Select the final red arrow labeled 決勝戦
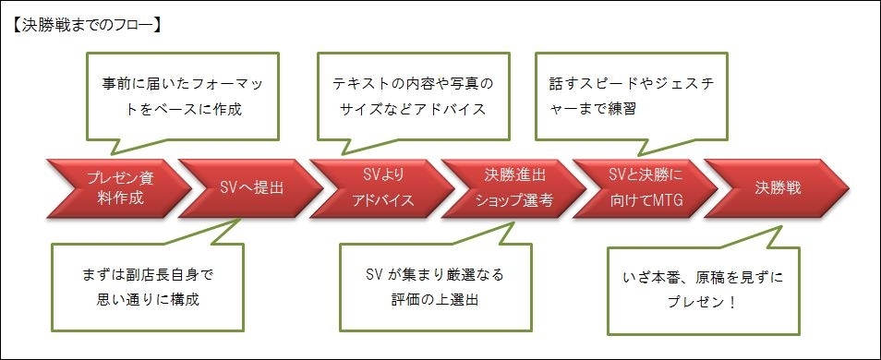pyautogui.click(x=777, y=188)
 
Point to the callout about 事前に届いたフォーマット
pyautogui.click(x=183, y=96)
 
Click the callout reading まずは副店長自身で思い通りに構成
pyautogui.click(x=148, y=286)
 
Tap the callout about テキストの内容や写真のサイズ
pyautogui.click(x=414, y=96)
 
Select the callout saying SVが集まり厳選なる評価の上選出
pyautogui.click(x=436, y=286)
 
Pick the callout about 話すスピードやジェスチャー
pyautogui.click(x=632, y=96)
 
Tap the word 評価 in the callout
pyautogui.click(x=405, y=299)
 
